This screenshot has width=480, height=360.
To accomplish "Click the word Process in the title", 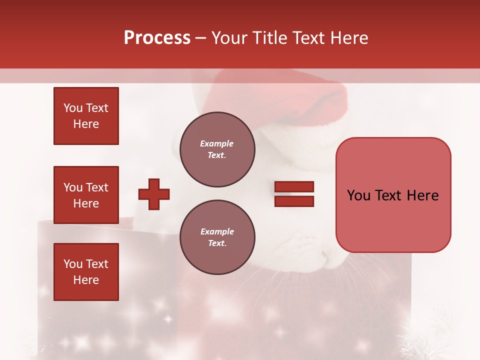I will point(157,38).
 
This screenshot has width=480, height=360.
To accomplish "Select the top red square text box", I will point(86,116).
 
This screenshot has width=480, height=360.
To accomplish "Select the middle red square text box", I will point(86,195).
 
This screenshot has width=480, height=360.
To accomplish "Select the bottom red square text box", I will point(86,272).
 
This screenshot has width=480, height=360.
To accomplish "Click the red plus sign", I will point(154,194).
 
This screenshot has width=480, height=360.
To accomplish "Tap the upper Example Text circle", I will point(217,149).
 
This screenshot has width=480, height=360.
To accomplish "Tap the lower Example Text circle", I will point(217,237).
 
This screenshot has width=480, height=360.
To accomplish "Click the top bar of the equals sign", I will point(294,187).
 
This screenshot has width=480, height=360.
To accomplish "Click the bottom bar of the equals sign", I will point(294,201).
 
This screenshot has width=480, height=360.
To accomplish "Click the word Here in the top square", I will point(86,124).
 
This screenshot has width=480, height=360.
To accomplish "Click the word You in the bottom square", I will point(72,264).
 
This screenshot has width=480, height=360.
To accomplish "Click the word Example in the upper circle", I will point(217,143).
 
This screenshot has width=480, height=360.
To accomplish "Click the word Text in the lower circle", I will point(217,243).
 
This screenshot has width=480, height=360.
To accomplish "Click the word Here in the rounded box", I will point(422,195).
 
